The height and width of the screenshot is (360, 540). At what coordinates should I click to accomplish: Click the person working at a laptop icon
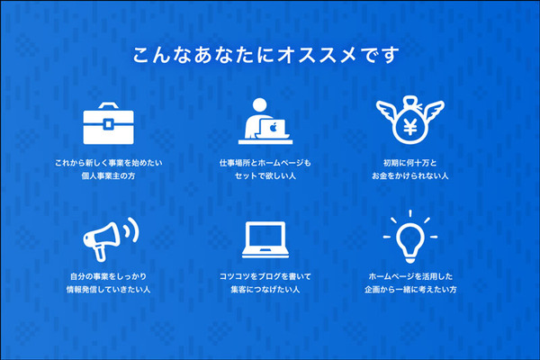tap(267, 121)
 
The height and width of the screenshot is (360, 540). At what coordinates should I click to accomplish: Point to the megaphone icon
tap(108, 235)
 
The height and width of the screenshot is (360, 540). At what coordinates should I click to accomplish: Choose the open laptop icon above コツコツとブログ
tap(269, 237)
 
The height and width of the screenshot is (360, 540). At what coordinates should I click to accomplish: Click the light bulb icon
tap(412, 236)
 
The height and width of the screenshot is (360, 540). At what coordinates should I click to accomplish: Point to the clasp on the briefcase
tap(108, 122)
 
